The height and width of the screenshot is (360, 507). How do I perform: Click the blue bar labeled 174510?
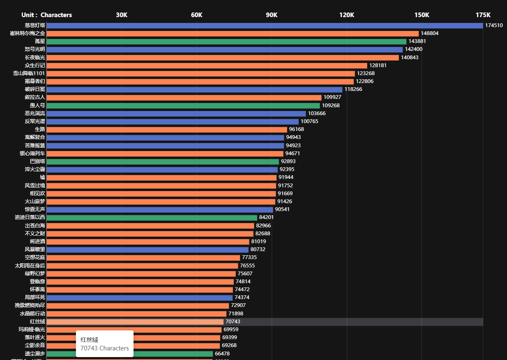tap(265, 25)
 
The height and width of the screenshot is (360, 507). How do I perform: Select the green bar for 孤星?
tap(226, 41)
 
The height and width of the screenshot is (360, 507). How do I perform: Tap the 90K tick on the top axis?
tap(272, 15)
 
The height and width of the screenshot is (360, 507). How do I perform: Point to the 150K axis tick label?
tap(421, 15)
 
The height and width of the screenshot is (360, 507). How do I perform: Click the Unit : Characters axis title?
tap(47, 15)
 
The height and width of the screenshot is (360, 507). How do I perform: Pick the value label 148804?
tap(429, 33)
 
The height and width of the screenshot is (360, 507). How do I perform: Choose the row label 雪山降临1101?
tap(29, 73)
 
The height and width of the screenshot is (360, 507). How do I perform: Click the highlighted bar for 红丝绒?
tap(135, 322)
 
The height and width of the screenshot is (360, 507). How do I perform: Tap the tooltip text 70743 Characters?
tap(105, 348)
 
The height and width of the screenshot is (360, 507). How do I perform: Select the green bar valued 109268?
tap(183, 106)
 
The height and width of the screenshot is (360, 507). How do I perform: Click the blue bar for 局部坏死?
tap(139, 297)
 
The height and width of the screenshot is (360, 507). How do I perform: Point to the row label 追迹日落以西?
tap(30, 217)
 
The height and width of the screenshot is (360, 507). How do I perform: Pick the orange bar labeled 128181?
tap(207, 65)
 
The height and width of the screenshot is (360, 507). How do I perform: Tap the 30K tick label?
tap(121, 15)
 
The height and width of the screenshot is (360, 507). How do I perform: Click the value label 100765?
tap(309, 121)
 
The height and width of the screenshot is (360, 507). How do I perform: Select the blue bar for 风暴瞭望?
tap(147, 249)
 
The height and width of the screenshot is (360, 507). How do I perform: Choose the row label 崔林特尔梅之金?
tap(28, 33)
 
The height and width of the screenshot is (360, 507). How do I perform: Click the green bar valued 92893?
tap(163, 161)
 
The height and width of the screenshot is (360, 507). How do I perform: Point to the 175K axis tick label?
tap(483, 15)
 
